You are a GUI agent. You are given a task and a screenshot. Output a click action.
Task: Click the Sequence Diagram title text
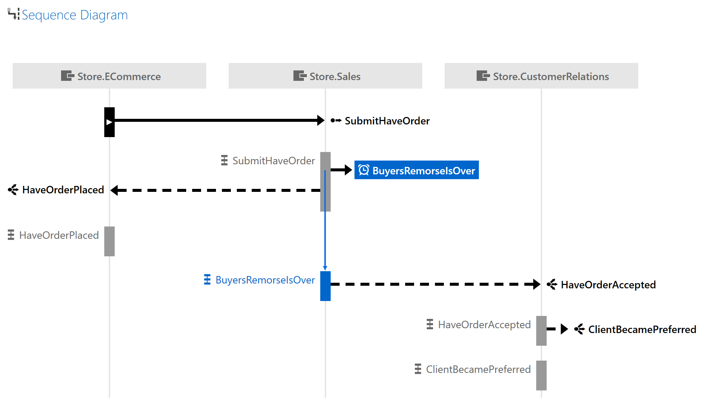click(74, 15)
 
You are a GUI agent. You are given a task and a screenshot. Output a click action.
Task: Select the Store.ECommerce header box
click(109, 76)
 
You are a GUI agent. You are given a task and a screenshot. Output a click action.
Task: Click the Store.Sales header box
click(325, 76)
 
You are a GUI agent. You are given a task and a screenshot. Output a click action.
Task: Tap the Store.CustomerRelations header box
click(541, 76)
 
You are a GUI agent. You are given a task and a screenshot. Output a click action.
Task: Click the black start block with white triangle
click(109, 122)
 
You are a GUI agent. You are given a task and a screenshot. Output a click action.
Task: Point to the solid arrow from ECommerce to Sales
click(216, 120)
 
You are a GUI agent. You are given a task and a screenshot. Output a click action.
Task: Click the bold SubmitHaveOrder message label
click(387, 121)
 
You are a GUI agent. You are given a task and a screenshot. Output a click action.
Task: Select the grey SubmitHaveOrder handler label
click(273, 161)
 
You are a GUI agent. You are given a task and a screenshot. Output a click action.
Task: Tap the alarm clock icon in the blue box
click(363, 170)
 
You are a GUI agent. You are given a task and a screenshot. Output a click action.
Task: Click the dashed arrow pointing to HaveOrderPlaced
click(216, 190)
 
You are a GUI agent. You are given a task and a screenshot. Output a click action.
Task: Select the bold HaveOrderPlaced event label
click(63, 190)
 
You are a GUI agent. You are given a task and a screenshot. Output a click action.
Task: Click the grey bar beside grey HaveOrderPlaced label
click(109, 241)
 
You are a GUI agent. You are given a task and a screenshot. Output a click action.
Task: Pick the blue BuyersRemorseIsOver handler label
click(265, 280)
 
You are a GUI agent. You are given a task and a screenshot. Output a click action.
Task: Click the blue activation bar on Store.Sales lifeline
click(325, 286)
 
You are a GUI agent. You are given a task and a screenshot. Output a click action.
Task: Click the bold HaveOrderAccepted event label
click(608, 285)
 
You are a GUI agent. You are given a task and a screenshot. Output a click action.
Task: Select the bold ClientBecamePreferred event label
click(642, 330)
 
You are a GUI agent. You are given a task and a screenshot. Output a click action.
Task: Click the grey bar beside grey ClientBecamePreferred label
click(541, 376)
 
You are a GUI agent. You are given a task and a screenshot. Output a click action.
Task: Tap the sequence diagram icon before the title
click(13, 14)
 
